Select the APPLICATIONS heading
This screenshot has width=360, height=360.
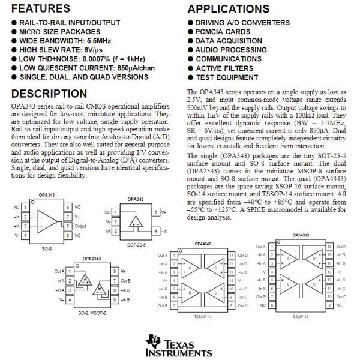pos(229,10)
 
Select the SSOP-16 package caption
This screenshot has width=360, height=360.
pos(302,314)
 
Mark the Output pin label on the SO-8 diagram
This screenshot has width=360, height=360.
pos(80,227)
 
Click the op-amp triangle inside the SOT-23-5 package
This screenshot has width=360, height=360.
pos(136,223)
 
